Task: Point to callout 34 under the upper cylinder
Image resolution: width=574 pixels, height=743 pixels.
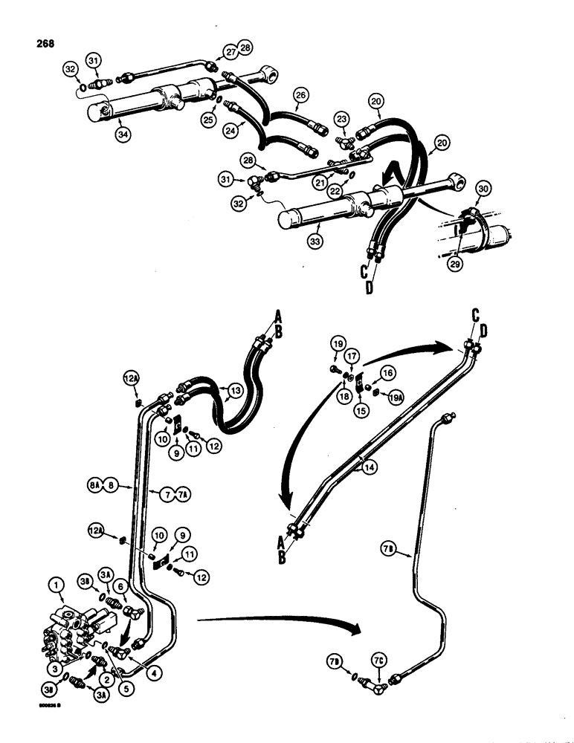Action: (x=120, y=134)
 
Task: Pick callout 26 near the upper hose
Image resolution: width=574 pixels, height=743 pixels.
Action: (x=300, y=95)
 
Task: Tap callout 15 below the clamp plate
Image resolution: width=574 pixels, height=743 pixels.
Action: (x=361, y=409)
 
